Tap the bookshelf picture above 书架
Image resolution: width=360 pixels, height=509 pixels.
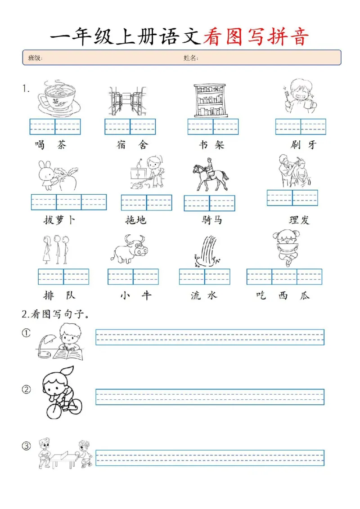tap(209, 100)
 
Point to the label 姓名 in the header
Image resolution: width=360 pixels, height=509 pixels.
tap(191, 58)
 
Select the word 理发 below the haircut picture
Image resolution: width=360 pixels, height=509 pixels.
tap(299, 220)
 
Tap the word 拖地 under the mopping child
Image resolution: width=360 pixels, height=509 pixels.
tap(135, 220)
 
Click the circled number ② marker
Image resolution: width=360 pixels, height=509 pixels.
tap(27, 389)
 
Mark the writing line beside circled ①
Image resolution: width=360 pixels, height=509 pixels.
tap(210, 337)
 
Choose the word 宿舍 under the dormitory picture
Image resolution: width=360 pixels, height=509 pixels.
tap(131, 145)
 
